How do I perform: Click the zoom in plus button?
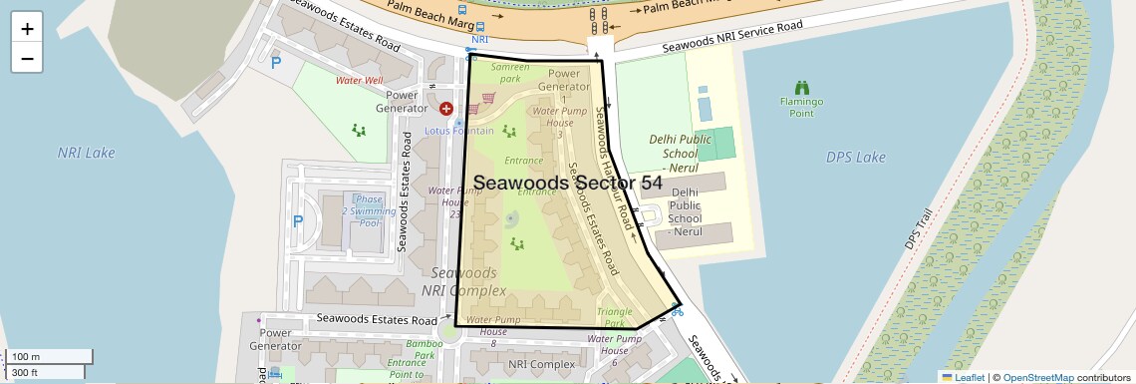27,29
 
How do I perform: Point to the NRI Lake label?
87,153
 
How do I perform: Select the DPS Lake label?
855,158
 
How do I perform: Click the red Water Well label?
359,80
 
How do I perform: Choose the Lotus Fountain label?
459,131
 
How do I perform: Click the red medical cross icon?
446,108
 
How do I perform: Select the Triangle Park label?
615,317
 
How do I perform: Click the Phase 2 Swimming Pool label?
362,210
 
